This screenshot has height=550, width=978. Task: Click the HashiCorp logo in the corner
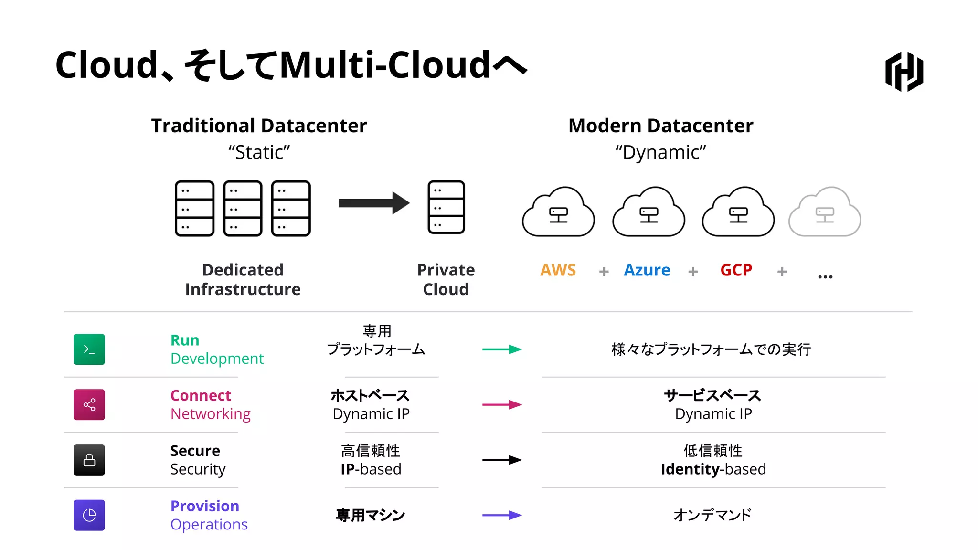click(904, 72)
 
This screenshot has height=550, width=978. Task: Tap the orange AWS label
click(558, 270)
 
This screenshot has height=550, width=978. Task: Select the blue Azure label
click(647, 270)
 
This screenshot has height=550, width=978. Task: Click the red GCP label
click(736, 270)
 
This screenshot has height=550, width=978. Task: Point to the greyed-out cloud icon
click(825, 212)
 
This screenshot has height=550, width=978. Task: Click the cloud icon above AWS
click(558, 212)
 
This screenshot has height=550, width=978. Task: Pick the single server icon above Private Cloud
click(446, 207)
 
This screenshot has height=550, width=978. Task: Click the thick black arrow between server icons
click(374, 203)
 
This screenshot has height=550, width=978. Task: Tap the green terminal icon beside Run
click(89, 349)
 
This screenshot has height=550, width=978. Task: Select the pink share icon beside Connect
click(89, 405)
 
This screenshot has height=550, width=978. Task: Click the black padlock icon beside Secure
click(89, 460)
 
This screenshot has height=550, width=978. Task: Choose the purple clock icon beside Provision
click(89, 515)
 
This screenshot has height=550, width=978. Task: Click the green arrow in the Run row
click(502, 349)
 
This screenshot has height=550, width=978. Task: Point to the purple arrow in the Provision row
click(502, 515)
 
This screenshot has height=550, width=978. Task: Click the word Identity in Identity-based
click(690, 469)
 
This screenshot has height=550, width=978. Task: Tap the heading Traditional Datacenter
click(259, 126)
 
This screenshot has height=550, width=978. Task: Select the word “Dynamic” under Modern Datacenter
click(660, 152)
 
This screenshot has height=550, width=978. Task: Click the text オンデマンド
click(712, 515)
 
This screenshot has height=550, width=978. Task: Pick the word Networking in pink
click(210, 414)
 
